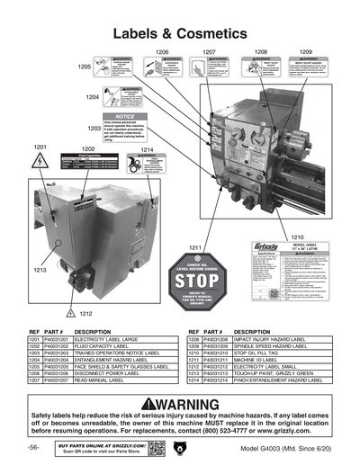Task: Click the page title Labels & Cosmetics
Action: tap(180, 32)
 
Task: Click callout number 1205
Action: tap(84, 67)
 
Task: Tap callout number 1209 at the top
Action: tap(305, 52)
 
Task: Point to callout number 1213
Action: tap(40, 269)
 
